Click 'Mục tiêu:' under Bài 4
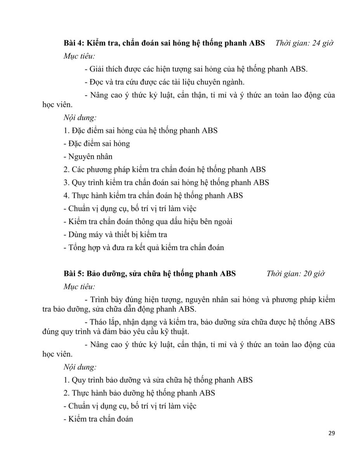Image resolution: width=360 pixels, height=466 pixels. click(79, 56)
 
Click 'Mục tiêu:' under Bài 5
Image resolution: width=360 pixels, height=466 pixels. click(79, 287)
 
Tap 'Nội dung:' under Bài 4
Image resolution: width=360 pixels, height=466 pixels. click(80, 117)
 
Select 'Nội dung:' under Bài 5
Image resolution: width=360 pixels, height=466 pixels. click(80, 367)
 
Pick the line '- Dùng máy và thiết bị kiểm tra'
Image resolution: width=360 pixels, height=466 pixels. click(115, 235)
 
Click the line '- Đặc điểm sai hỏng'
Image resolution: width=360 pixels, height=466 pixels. click(97, 144)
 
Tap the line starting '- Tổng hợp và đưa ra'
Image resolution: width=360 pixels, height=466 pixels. click(144, 247)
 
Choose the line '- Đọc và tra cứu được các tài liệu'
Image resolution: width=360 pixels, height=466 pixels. click(164, 82)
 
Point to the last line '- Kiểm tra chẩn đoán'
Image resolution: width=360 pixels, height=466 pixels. click(98, 419)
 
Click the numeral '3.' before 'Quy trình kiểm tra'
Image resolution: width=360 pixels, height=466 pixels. click(66, 183)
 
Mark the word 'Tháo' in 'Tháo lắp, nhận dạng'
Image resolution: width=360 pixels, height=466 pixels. click(98, 322)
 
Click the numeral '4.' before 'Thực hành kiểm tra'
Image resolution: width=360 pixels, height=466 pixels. click(66, 195)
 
